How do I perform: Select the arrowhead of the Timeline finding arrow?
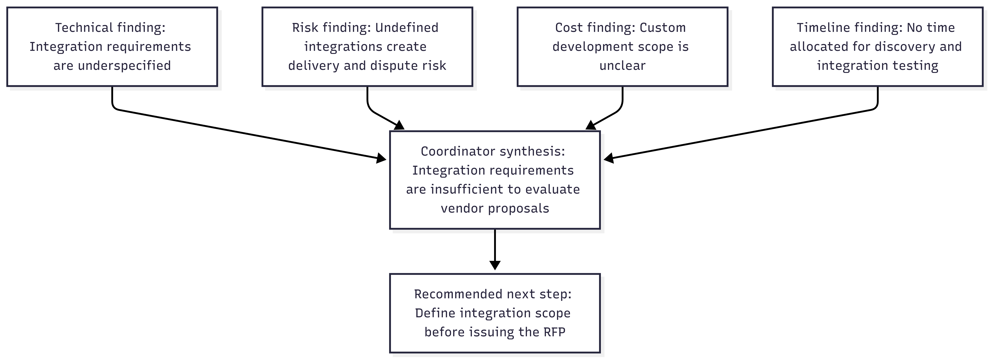(x=609, y=158)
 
